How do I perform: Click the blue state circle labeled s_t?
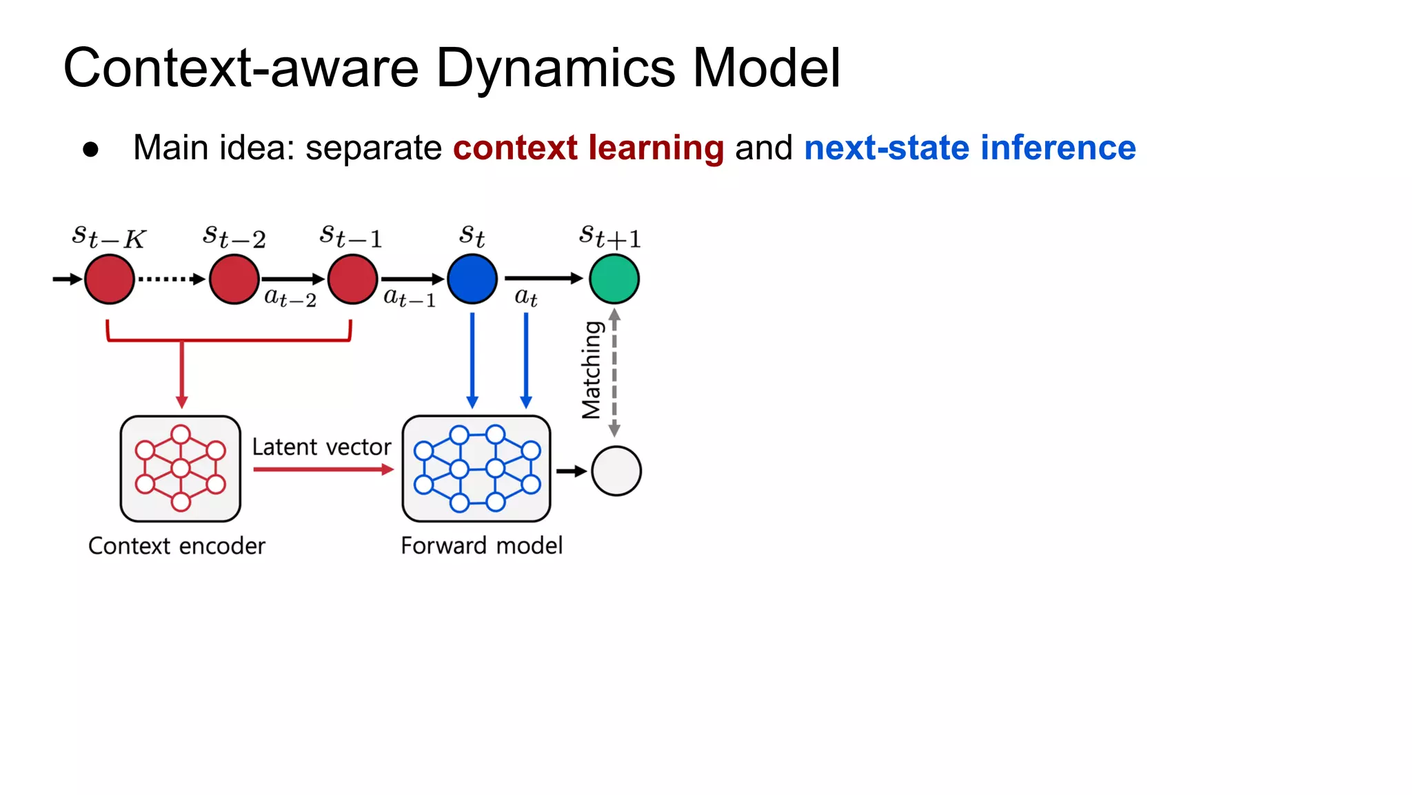[472, 279]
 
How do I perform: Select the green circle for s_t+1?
[614, 279]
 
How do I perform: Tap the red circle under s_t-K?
[110, 279]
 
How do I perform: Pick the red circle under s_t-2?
[234, 279]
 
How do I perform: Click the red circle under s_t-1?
[352, 279]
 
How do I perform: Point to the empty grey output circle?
[616, 471]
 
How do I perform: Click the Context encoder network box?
[181, 469]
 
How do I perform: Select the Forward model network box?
[476, 469]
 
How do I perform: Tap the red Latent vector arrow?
[323, 470]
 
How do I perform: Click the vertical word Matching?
[592, 370]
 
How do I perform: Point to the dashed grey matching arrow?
[614, 373]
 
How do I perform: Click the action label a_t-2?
[290, 298]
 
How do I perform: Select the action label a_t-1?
[410, 298]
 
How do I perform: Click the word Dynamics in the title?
[556, 68]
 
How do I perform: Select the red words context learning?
[588, 148]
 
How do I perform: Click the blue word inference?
[1058, 148]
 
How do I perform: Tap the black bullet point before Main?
[90, 150]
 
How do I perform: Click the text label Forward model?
[481, 545]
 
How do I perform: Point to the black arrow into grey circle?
[571, 471]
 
